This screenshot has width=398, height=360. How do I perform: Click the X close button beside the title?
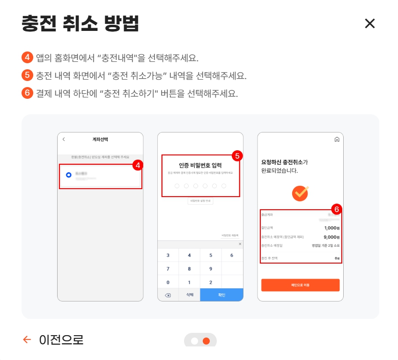pyautogui.click(x=370, y=23)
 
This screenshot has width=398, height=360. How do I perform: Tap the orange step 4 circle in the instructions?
pyautogui.click(x=28, y=58)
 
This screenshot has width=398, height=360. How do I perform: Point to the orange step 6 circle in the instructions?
pyautogui.click(x=28, y=93)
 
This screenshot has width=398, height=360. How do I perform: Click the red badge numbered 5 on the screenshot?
pyautogui.click(x=237, y=156)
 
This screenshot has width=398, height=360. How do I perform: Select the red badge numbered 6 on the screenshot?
pyautogui.click(x=336, y=209)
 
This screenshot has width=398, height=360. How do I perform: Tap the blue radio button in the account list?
pyautogui.click(x=69, y=175)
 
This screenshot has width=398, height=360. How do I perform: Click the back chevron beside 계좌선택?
pyautogui.click(x=64, y=139)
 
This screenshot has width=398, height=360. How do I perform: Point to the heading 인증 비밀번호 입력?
pyautogui.click(x=200, y=165)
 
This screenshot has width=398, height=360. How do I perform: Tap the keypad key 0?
pyautogui.click(x=168, y=282)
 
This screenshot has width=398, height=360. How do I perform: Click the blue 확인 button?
pyautogui.click(x=221, y=295)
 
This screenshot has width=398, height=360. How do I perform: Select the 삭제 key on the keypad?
pyautogui.click(x=189, y=295)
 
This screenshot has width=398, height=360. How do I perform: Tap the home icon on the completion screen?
pyautogui.click(x=337, y=139)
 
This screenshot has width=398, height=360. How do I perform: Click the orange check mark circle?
pyautogui.click(x=300, y=192)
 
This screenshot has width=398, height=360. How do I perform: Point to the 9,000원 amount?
pyautogui.click(x=332, y=237)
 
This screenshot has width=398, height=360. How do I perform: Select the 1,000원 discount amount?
pyautogui.click(x=332, y=228)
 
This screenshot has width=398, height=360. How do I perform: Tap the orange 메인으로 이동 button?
pyautogui.click(x=300, y=285)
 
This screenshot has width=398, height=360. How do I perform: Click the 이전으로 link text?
pyautogui.click(x=61, y=340)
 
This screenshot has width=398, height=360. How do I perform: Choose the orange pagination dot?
pyautogui.click(x=206, y=341)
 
